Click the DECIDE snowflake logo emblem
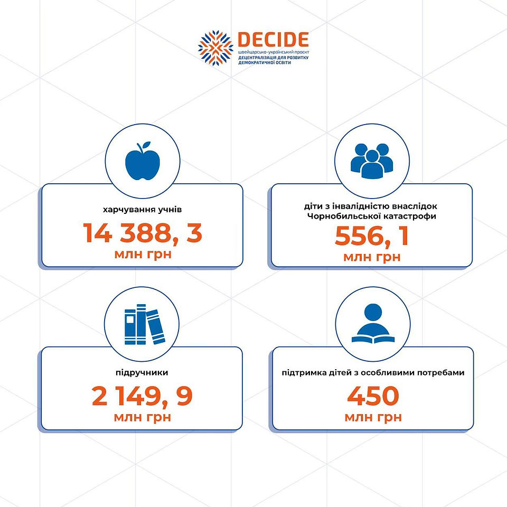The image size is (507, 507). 215,48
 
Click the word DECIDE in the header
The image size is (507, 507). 273,40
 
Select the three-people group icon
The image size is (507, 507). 372,161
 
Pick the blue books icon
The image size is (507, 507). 145,324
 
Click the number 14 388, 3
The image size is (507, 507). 143,233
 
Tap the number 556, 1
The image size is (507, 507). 372,236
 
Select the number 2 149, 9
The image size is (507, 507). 142,396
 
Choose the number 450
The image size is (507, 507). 373,396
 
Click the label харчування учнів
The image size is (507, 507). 142,210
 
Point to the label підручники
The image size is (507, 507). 142,372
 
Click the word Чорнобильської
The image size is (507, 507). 339,216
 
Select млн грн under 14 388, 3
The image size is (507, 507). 143,254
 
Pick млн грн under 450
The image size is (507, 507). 373,417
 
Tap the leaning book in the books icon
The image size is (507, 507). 155,326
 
